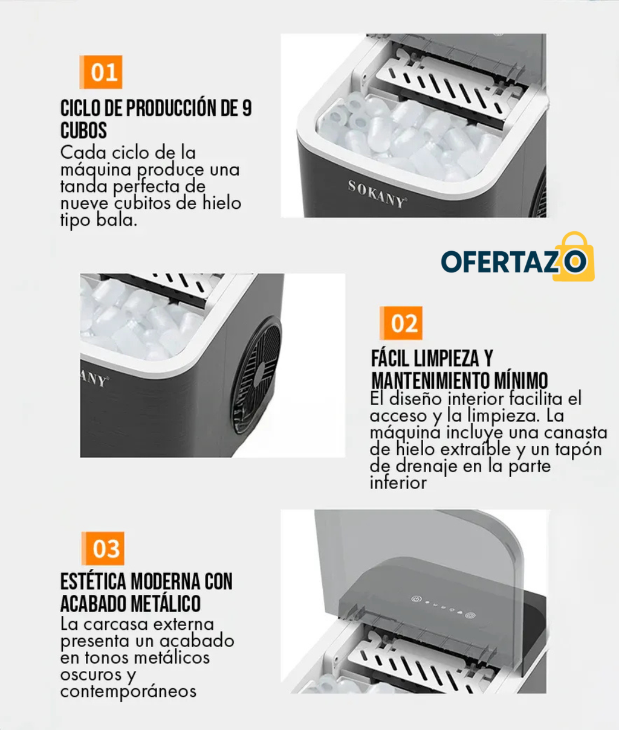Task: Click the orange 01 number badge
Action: point(101,72)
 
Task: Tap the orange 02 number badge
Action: point(401,323)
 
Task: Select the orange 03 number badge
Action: point(103,548)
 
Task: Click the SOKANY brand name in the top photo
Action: point(377,194)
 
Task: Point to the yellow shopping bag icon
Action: point(574,257)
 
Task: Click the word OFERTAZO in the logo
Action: point(514,261)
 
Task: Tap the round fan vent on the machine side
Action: point(256,375)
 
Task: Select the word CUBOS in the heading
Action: point(83,130)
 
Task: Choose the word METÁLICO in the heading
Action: point(166,603)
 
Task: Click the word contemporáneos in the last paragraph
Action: point(128,691)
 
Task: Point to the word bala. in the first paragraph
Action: point(117,220)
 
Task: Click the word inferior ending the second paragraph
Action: point(398,482)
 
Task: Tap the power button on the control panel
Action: point(416,598)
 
